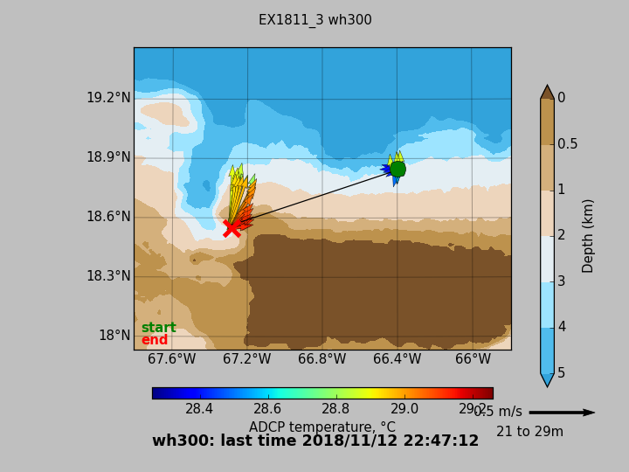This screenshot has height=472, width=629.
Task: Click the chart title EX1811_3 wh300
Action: [314, 20]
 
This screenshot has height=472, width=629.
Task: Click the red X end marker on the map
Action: [232, 228]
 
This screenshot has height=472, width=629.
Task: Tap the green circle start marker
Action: [397, 169]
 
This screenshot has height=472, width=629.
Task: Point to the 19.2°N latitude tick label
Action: [108, 98]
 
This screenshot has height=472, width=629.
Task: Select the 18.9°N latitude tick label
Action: [108, 157]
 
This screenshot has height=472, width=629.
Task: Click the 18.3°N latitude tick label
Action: [108, 276]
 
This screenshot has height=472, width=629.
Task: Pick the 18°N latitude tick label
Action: [114, 336]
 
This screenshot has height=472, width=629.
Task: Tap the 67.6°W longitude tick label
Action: [172, 359]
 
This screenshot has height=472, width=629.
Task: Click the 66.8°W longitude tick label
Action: [321, 359]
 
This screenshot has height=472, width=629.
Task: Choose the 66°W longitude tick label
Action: [473, 359]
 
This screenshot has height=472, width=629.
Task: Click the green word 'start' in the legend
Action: [158, 328]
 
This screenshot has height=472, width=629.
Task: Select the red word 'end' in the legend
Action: [154, 340]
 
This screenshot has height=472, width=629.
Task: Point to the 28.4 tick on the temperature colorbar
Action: [199, 409]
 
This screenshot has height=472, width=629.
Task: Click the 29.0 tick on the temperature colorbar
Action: [404, 409]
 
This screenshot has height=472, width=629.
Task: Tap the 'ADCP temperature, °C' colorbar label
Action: [321, 427]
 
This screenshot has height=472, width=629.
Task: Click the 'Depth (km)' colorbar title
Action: [589, 235]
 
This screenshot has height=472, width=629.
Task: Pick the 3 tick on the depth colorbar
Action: [561, 281]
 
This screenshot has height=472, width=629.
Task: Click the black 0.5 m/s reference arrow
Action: [561, 413]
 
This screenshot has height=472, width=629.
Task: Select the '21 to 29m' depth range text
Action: [529, 432]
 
